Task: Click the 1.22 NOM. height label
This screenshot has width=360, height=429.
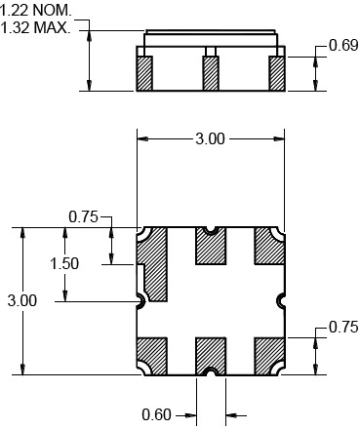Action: [35, 11]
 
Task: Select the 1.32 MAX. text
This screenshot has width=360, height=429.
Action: [35, 27]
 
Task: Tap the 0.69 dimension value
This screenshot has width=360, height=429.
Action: [343, 45]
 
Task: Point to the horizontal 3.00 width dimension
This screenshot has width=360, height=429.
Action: [210, 139]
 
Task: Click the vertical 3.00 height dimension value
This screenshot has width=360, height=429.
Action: [22, 300]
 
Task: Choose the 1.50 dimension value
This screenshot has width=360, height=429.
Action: [64, 263]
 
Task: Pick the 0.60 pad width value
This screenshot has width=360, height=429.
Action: [156, 415]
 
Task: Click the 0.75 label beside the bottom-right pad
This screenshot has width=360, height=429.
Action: [343, 327]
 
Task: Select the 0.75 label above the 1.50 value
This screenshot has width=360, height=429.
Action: [83, 216]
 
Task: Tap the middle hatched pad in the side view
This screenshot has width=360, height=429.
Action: [211, 73]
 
